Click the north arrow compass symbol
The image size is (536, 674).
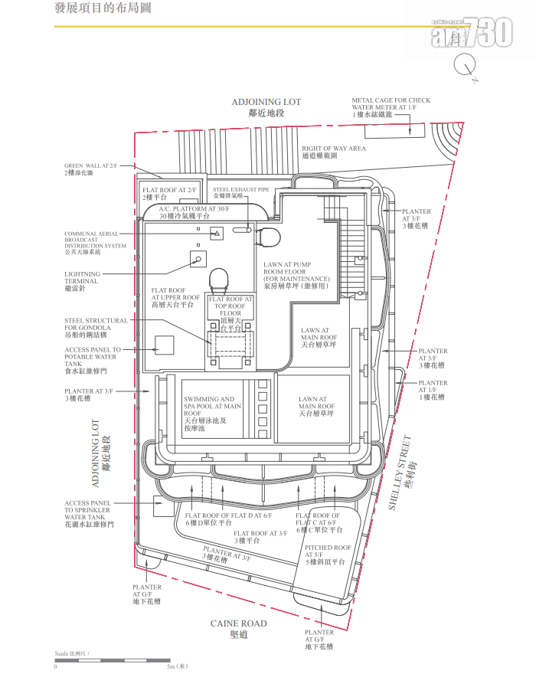(465, 67)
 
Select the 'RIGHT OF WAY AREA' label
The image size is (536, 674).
(333, 152)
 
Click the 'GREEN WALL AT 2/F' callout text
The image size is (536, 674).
(90, 169)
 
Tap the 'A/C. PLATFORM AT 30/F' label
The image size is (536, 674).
(194, 212)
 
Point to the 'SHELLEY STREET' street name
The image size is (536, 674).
(407, 473)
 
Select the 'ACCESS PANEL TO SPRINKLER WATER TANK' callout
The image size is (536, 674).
(89, 515)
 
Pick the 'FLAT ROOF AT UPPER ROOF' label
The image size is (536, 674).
(175, 297)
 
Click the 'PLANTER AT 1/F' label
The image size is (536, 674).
(433, 390)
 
